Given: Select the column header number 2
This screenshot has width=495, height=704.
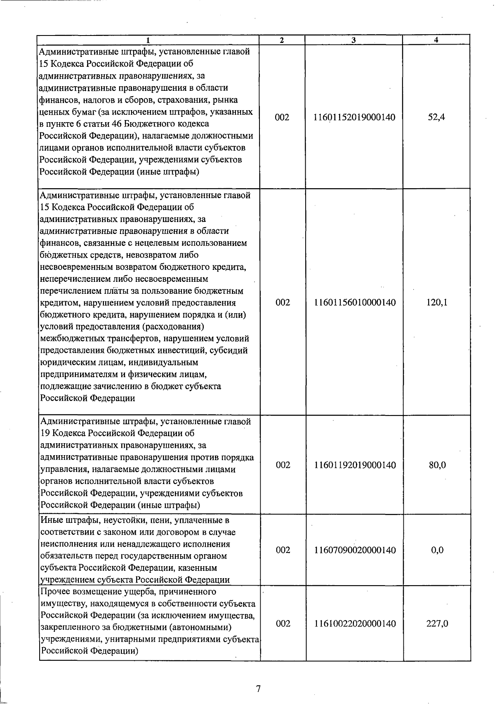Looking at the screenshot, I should [x=282, y=40].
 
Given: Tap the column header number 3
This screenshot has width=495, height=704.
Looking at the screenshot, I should [x=354, y=40].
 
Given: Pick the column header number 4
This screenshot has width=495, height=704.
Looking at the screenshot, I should [x=436, y=40].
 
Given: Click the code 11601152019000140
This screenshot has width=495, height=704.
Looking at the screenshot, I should [x=354, y=118].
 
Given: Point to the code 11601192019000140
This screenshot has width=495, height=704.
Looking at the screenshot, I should [x=355, y=465].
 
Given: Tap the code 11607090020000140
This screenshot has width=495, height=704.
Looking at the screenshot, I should [x=355, y=550].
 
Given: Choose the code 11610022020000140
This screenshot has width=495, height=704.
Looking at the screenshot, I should [x=355, y=624].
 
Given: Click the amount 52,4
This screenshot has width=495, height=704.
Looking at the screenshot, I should [x=436, y=118].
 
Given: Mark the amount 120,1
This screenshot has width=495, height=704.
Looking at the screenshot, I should [x=437, y=302].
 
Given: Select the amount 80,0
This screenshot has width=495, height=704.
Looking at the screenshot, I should [x=437, y=465].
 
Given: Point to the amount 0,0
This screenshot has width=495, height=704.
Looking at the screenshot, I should [x=437, y=550].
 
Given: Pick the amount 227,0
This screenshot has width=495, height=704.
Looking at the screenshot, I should [x=437, y=624].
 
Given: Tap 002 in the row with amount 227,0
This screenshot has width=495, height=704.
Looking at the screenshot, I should [x=283, y=624].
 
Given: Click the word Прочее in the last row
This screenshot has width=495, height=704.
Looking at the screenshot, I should [x=55, y=592].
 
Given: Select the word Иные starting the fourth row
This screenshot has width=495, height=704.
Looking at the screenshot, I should [x=51, y=520].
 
